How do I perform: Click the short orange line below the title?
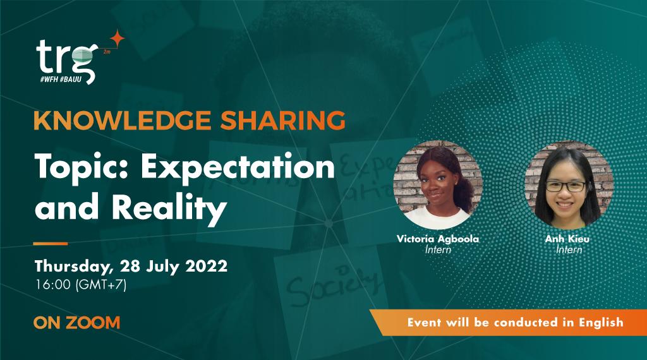pos(50,243)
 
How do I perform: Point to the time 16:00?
pos(53,284)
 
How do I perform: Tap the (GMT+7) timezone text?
pos(101,284)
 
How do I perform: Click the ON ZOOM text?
pos(76,323)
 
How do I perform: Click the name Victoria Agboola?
pos(437,240)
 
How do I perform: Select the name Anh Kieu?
pos(569,240)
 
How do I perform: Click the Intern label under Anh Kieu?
pos(569,250)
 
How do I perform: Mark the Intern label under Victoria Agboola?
pos(437,250)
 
